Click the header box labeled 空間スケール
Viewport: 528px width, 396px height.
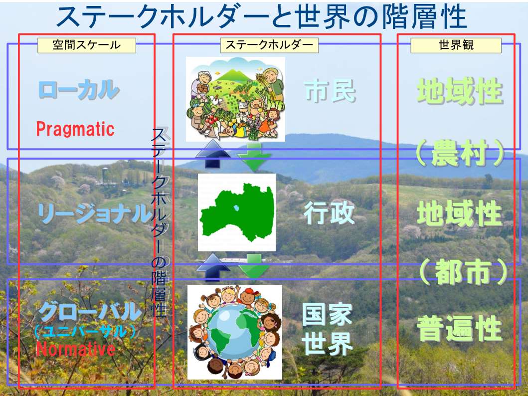point(87,45)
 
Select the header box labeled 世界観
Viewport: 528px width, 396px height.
point(456,45)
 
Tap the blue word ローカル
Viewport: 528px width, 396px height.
point(79,90)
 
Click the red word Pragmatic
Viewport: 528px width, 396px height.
point(75,129)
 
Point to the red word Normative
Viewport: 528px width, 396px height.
point(76,349)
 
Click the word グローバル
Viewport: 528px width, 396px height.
point(90,312)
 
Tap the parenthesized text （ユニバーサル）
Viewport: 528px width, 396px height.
point(85,332)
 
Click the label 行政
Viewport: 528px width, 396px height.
point(329,213)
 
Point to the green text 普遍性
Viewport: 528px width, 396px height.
point(460,328)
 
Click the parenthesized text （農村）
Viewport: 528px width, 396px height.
point(460,153)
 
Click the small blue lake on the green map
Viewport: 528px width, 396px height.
point(236,208)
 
